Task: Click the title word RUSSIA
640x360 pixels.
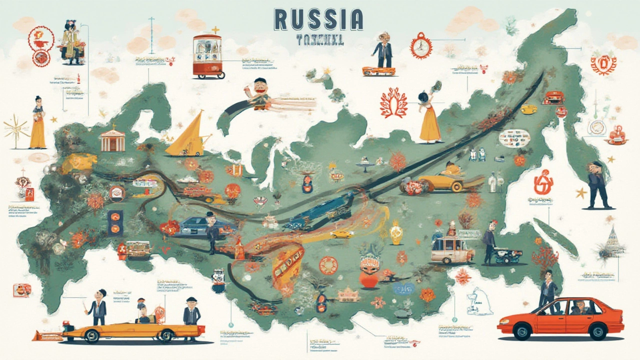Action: click(318, 19)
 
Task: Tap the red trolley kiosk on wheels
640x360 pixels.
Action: click(207, 55)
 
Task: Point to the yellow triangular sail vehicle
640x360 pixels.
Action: click(187, 135)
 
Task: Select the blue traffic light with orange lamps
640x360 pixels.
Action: click(115, 222)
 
